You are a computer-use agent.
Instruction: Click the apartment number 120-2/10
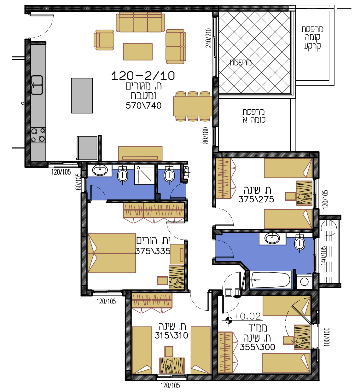[143, 76]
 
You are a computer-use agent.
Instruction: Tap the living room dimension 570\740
[143, 106]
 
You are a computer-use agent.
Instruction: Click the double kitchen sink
[37, 85]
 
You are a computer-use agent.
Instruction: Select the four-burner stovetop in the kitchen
[38, 135]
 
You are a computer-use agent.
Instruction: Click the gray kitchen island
[82, 95]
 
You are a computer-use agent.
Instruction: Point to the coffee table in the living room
[138, 52]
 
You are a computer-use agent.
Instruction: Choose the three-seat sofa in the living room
[140, 22]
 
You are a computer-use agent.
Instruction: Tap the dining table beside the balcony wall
[193, 107]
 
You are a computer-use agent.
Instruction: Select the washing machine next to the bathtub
[304, 282]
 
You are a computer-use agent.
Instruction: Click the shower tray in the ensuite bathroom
[144, 175]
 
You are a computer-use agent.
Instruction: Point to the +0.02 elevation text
[247, 316]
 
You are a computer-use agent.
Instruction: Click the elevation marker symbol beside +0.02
[229, 320]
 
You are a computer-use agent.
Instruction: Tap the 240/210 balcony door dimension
[208, 38]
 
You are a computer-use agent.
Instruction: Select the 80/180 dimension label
[206, 135]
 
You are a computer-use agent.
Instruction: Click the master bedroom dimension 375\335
[153, 251]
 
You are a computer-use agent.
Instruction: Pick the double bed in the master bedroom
[112, 253]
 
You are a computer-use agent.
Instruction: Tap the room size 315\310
[171, 336]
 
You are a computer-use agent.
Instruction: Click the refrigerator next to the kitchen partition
[87, 148]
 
